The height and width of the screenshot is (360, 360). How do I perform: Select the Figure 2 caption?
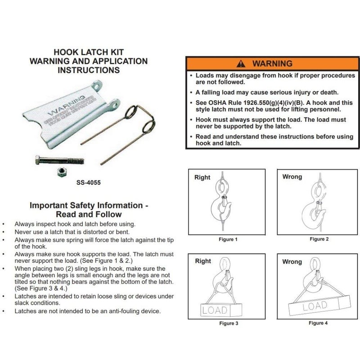point(319,239)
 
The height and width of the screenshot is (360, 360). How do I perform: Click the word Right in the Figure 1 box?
point(202,177)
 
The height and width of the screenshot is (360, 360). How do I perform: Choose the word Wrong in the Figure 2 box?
point(292,177)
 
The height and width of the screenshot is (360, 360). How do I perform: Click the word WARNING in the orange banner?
point(272,63)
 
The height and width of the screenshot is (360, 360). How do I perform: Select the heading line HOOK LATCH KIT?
point(89,52)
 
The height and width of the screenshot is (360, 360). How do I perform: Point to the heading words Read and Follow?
point(89,214)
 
